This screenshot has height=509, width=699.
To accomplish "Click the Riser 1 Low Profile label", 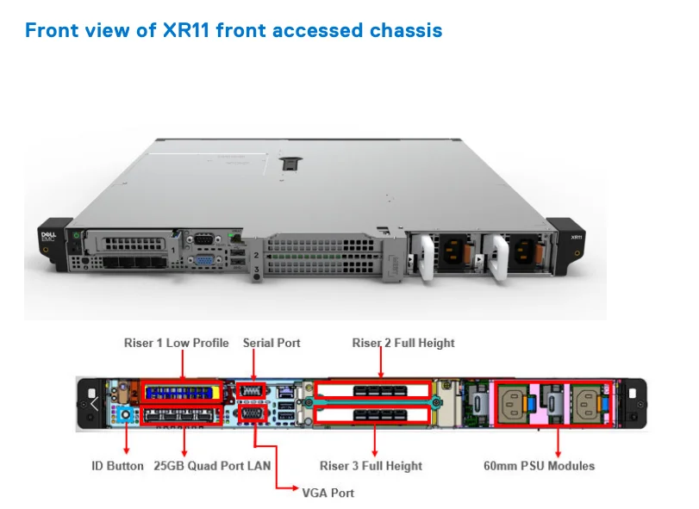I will click(176, 343).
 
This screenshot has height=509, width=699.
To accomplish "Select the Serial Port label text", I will click(271, 343).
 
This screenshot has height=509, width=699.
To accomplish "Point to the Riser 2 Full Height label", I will click(403, 343).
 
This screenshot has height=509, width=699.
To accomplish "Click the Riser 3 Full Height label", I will click(371, 466).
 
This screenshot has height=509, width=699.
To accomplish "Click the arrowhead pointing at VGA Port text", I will click(281, 488).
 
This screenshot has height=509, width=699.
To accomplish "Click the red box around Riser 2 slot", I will click(372, 389).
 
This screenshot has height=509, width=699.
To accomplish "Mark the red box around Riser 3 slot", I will click(372, 416).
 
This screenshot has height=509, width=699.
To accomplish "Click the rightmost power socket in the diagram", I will click(590, 402).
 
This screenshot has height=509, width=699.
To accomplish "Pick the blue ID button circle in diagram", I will click(127, 415).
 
